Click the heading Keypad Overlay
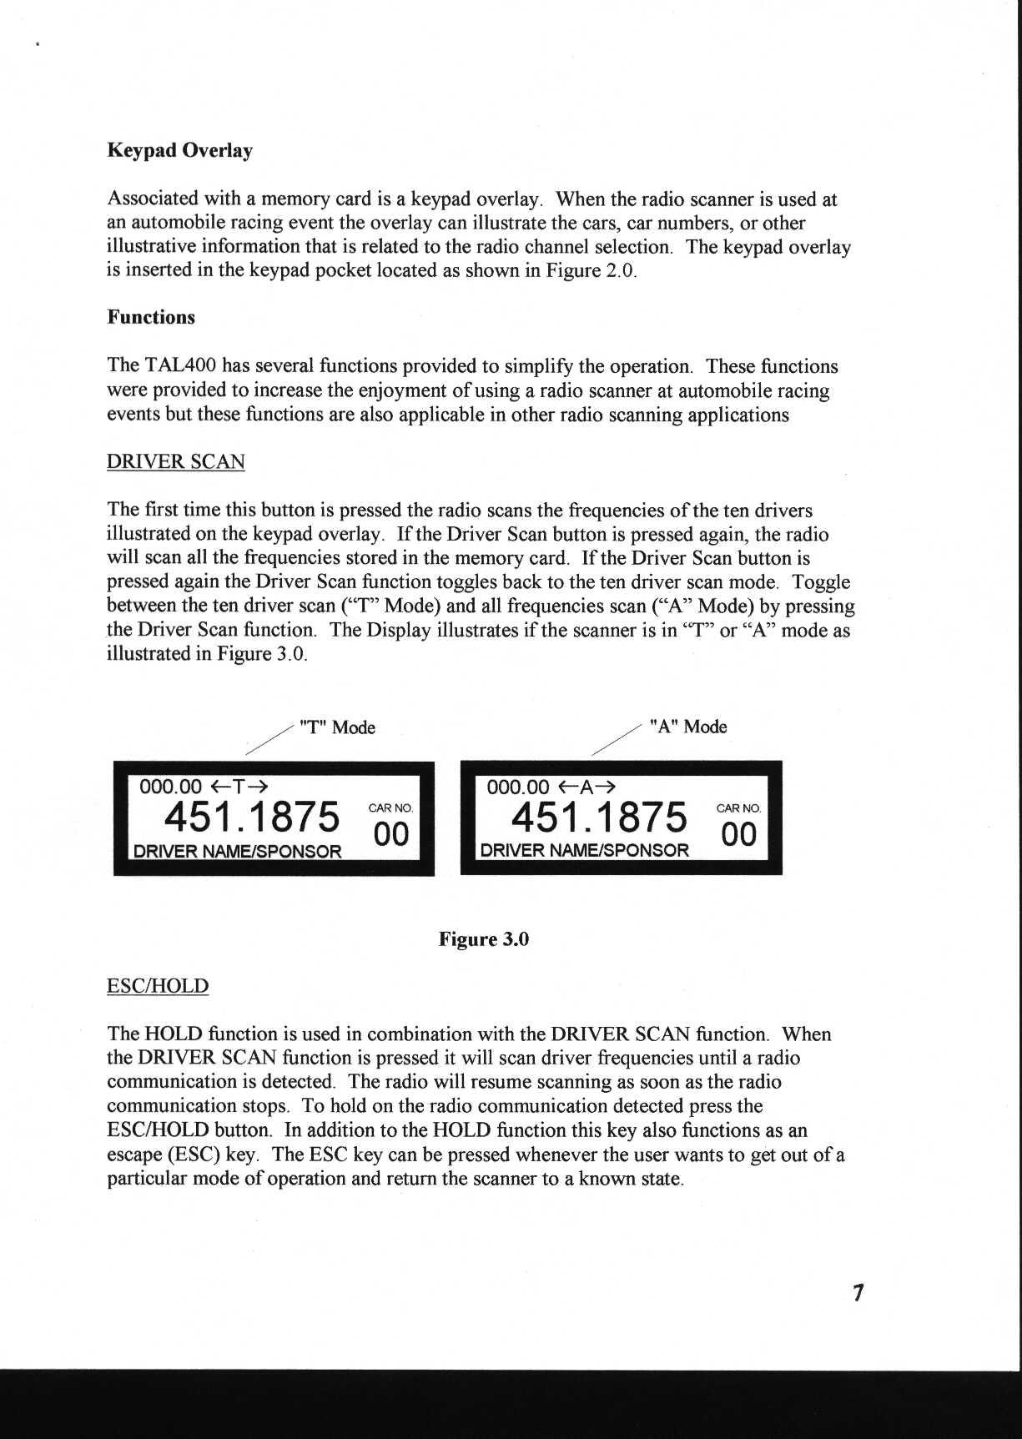point(179,151)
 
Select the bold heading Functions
point(150,318)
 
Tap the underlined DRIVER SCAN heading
point(175,462)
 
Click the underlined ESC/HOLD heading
point(158,987)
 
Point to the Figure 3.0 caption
point(484,940)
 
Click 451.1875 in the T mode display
point(252,817)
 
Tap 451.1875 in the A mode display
point(599,817)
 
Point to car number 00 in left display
point(391,834)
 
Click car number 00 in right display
point(738,834)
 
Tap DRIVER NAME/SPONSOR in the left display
point(238,852)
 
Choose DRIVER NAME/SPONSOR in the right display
point(585,851)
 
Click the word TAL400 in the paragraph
point(180,367)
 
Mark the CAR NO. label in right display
point(738,808)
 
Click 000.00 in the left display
point(170,786)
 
